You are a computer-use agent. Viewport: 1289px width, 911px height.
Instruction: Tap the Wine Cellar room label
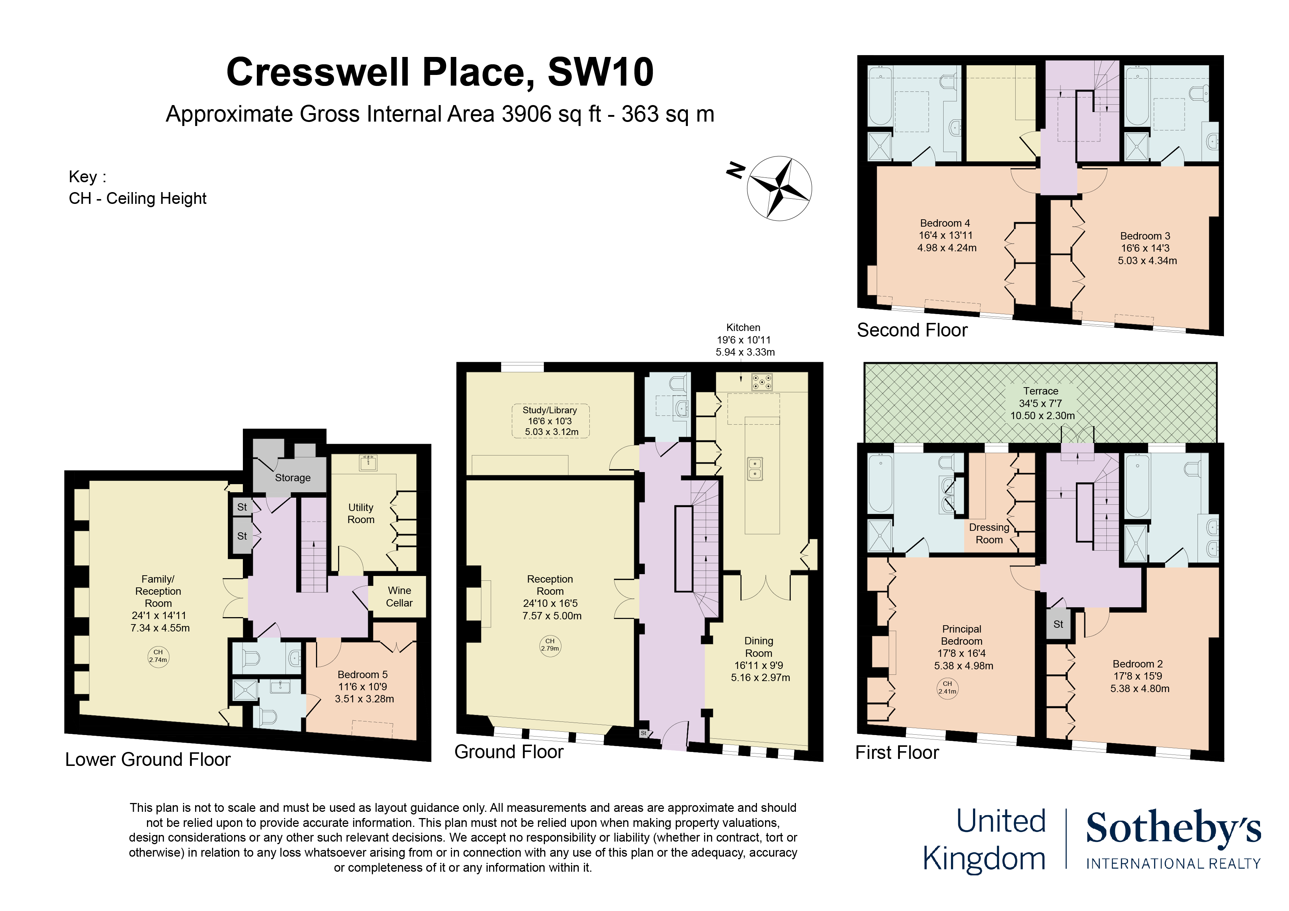(399, 597)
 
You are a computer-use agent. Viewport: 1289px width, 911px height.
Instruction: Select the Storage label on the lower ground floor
(292, 478)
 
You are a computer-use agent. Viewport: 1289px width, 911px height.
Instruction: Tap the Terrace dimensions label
(1042, 403)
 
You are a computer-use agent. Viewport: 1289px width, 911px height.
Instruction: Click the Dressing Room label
(989, 533)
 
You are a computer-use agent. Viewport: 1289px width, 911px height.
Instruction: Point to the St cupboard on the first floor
(1058, 624)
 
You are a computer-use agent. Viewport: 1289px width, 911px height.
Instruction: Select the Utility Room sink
(368, 462)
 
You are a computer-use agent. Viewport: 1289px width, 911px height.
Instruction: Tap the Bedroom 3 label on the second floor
(1146, 248)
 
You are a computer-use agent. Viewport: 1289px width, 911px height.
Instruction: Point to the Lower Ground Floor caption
(148, 759)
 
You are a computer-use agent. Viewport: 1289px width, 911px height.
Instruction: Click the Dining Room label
(760, 659)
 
